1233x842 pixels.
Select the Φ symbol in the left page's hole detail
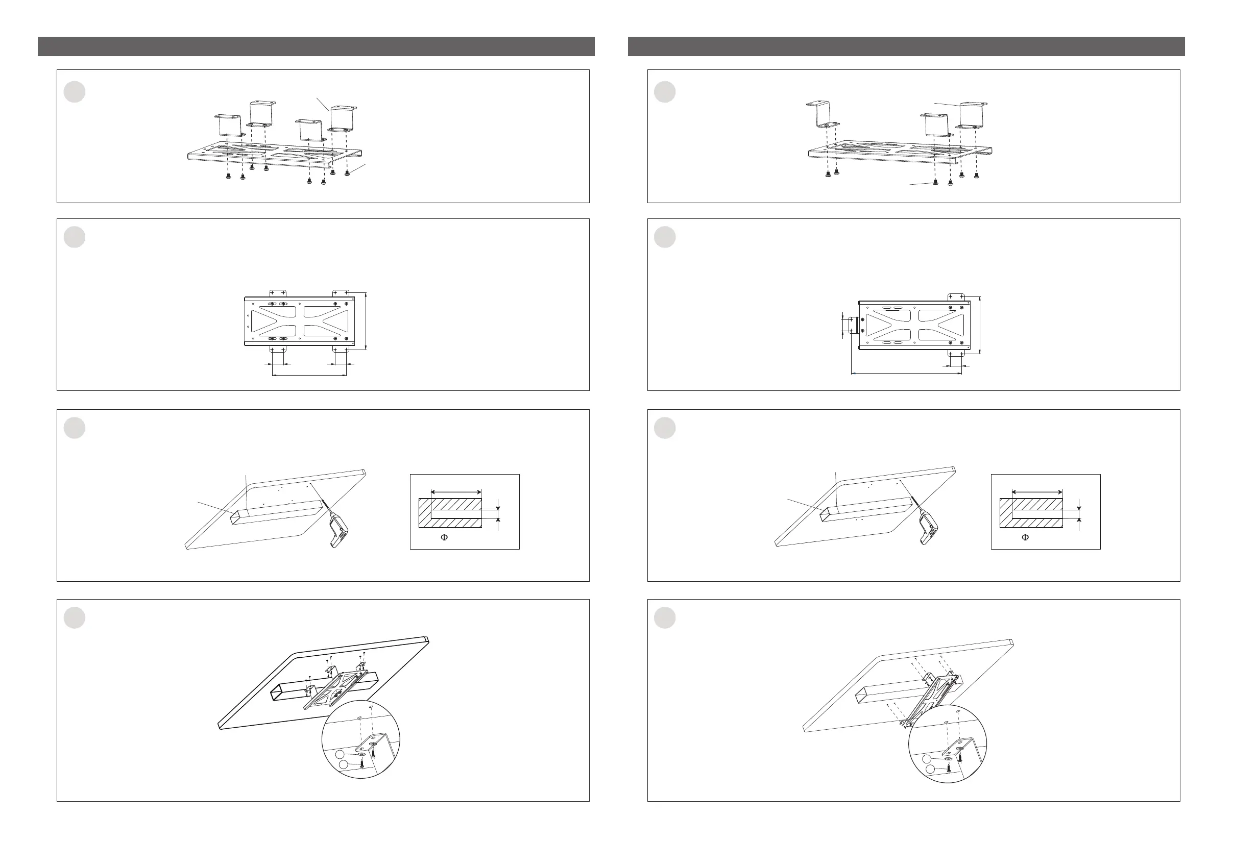coord(445,537)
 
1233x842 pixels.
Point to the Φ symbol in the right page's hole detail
coord(1026,537)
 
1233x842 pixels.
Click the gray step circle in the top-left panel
coord(74,92)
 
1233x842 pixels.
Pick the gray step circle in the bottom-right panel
coord(665,617)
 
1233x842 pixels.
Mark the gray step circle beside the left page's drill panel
coord(74,428)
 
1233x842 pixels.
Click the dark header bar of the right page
coord(906,46)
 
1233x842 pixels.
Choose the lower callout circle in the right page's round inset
coord(930,770)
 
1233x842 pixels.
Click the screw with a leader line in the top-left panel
coord(347,172)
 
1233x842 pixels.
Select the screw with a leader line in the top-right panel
coord(935,183)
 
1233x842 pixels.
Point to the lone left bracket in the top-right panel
coord(821,114)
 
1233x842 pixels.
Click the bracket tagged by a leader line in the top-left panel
coord(343,118)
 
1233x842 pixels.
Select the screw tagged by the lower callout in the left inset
coord(362,763)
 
